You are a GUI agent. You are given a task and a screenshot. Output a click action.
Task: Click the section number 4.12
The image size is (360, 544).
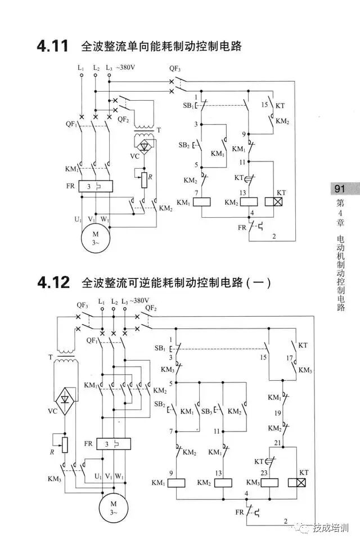coord(53,282)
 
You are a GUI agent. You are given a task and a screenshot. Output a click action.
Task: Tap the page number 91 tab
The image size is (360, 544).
coord(339,189)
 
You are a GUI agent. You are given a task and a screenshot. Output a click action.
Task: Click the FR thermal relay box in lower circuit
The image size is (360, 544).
coord(114,444)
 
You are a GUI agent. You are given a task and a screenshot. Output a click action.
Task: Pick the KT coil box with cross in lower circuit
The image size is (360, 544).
coord(297,482)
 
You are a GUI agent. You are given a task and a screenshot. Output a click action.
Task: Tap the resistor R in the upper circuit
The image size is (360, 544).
coord(144,179)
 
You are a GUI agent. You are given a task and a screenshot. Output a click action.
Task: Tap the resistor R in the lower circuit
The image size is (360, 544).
coord(65,444)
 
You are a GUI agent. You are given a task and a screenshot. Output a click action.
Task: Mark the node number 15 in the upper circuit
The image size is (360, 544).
coord(264,105)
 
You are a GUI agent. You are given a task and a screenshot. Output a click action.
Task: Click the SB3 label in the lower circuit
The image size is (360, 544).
coord(206,411)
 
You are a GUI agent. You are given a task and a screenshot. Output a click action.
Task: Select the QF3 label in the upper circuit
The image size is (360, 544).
coord(175,69)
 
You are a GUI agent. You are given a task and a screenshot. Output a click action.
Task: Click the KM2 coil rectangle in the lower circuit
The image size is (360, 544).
coord(223,482)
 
